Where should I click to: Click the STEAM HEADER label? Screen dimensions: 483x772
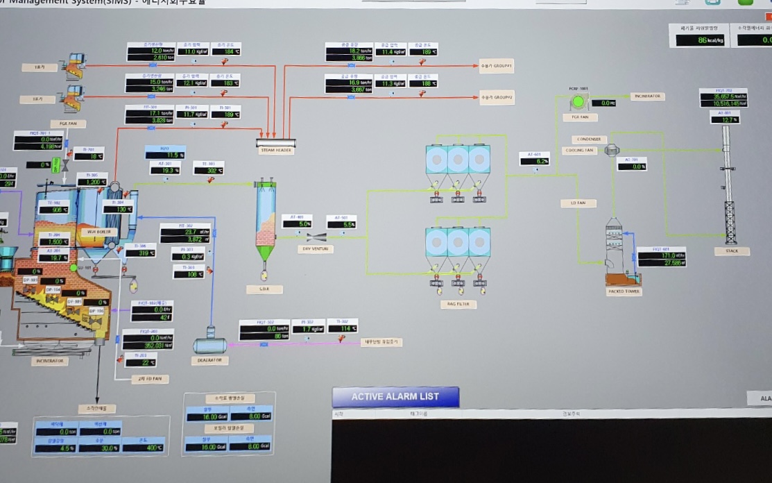(x=275, y=151)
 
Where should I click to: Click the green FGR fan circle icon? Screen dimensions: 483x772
(x=578, y=102)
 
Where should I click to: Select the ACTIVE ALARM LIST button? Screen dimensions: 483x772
(x=395, y=396)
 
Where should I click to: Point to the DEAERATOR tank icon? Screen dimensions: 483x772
(x=209, y=345)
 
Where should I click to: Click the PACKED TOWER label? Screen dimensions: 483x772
(x=624, y=291)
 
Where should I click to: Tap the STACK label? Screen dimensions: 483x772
(x=732, y=251)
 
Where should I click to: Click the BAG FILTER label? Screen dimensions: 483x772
(x=457, y=304)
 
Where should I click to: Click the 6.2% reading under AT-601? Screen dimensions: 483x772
(x=535, y=162)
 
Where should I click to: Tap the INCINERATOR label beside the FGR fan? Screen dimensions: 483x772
(x=648, y=96)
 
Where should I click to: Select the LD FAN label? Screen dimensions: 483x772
(x=578, y=203)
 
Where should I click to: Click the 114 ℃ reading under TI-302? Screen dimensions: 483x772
(x=343, y=329)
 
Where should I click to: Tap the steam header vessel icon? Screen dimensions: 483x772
(x=275, y=142)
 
